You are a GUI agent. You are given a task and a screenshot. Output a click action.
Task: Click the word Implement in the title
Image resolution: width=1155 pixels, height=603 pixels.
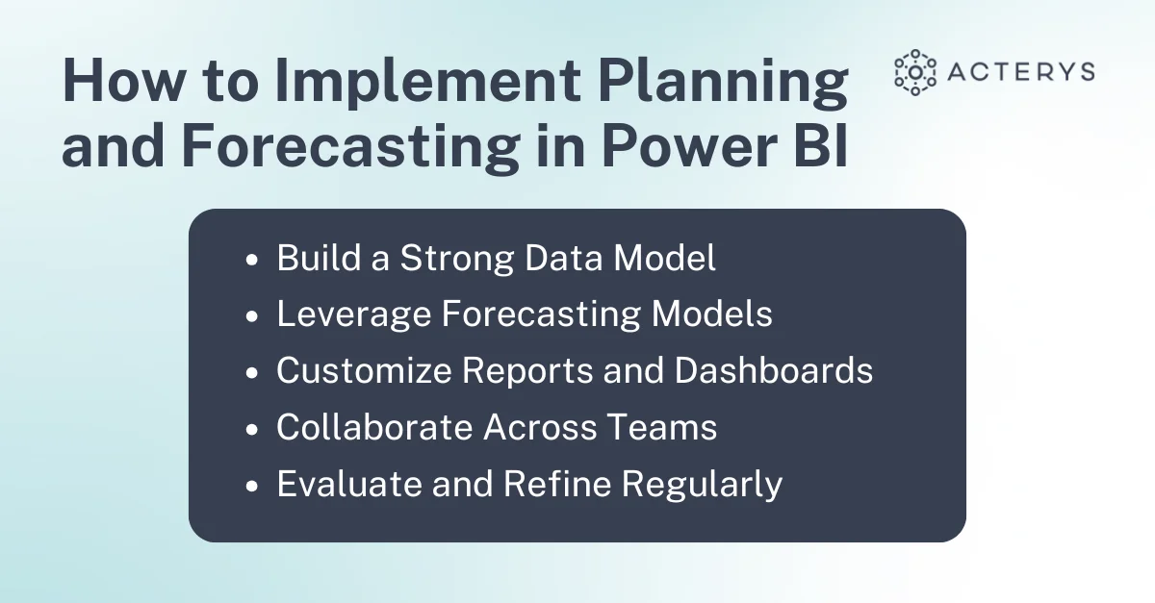point(428,83)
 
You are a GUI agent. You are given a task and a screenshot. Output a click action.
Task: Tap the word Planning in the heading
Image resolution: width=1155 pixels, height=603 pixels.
point(723,83)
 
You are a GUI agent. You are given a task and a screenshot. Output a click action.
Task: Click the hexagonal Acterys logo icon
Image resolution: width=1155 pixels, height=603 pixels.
point(915,73)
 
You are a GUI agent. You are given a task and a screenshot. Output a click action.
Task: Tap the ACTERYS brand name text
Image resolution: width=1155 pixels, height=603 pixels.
point(1021,71)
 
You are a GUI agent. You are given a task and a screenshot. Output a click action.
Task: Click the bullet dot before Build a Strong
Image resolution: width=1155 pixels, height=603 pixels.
point(251,260)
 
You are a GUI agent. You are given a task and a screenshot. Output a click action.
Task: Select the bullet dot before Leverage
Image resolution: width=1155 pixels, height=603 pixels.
point(251,316)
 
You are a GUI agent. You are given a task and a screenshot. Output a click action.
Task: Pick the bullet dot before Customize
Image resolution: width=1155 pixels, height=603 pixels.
point(251,372)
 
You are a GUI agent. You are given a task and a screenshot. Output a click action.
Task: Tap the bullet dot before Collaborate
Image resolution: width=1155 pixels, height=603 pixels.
point(251,429)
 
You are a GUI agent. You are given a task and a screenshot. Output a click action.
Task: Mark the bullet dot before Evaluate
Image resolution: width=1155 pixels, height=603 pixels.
point(251,486)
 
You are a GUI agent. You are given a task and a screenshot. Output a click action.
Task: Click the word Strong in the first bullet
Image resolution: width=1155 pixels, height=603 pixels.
point(457,258)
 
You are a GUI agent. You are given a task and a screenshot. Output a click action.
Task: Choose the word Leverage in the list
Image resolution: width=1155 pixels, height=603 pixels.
point(354,314)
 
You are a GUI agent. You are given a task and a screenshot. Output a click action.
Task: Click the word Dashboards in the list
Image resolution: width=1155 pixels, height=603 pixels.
point(774,370)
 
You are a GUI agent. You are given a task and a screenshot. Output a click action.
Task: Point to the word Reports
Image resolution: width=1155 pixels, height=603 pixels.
point(527,371)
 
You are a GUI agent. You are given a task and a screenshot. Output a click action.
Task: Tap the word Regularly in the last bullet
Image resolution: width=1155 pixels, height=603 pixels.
point(702,485)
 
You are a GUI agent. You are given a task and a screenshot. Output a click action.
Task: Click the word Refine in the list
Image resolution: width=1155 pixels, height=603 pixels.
point(557,484)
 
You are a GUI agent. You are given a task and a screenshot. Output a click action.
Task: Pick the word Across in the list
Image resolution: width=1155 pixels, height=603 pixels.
point(539,427)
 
